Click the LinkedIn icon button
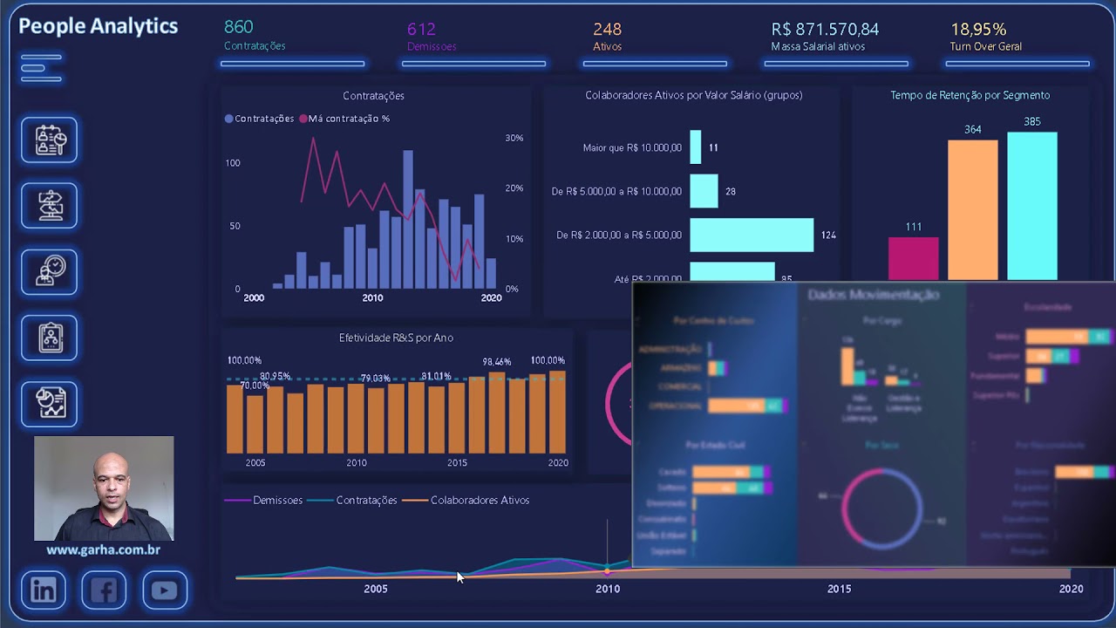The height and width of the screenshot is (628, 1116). click(44, 590)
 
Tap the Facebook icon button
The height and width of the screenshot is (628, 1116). click(104, 590)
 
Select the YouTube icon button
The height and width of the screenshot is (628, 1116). click(164, 590)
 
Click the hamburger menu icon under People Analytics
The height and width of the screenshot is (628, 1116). click(41, 68)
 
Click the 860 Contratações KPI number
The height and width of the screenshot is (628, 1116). click(239, 28)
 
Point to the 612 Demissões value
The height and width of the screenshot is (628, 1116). click(421, 30)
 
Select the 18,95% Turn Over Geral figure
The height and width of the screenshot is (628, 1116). click(978, 30)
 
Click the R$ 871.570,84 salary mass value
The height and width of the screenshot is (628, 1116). click(825, 30)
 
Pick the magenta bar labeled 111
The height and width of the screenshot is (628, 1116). click(913, 259)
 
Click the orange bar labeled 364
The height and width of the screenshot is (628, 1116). click(972, 209)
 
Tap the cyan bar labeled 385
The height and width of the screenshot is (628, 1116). click(1031, 206)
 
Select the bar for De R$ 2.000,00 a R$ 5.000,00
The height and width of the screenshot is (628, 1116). click(752, 235)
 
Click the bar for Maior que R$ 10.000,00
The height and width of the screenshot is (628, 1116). click(695, 147)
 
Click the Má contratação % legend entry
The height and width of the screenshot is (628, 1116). click(344, 119)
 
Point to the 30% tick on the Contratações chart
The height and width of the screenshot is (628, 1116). click(514, 138)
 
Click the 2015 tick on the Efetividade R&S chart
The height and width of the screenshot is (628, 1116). click(457, 463)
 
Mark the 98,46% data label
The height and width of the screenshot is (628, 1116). click(497, 362)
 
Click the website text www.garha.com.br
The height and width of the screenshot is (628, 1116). click(103, 550)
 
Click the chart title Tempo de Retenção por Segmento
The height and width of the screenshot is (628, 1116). click(970, 95)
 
